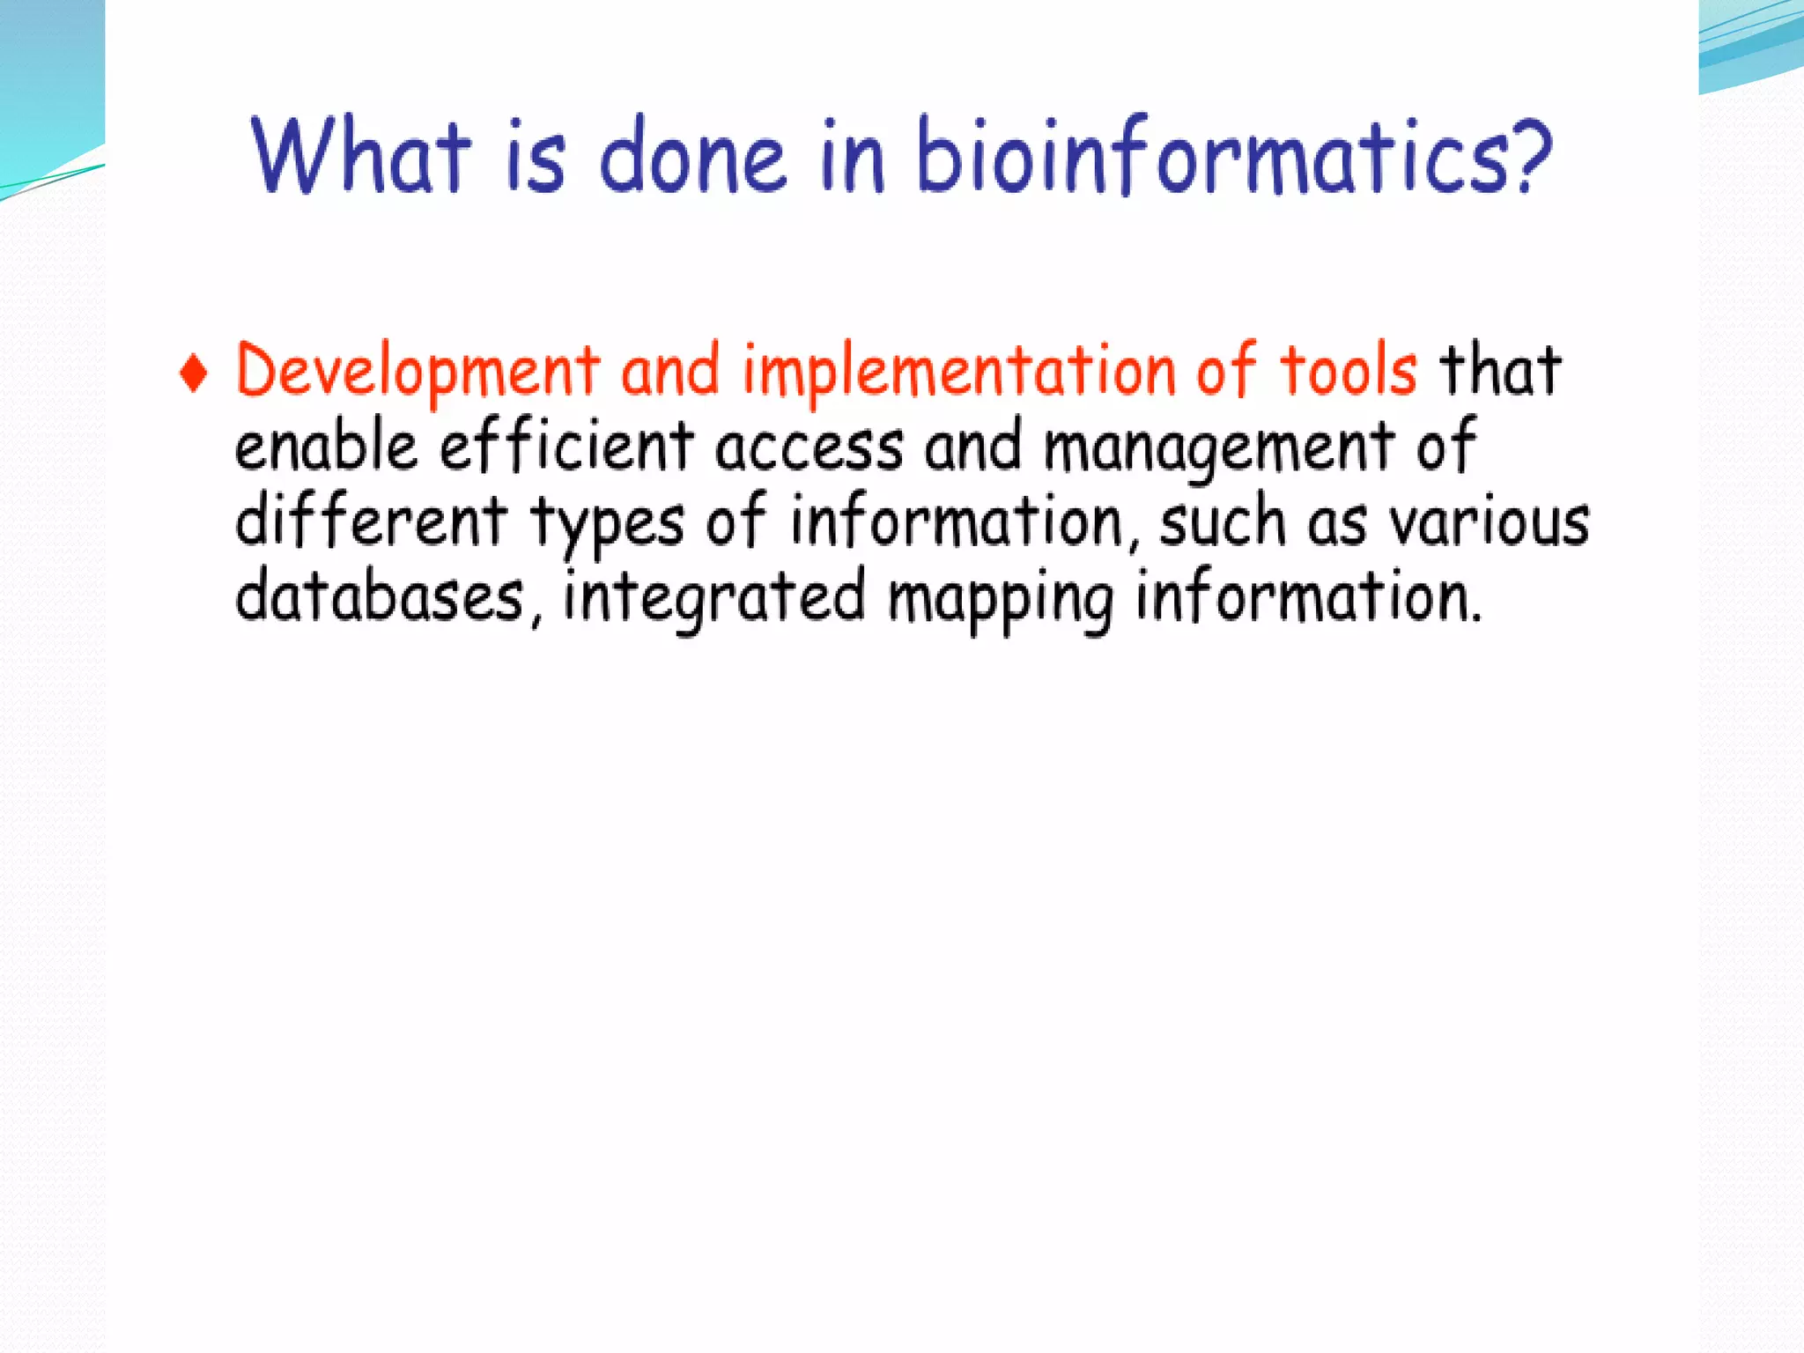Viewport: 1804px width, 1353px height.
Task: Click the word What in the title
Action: pyautogui.click(x=360, y=157)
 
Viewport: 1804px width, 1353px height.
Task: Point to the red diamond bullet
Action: pyautogui.click(x=194, y=373)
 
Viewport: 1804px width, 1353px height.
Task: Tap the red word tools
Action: pyautogui.click(x=1348, y=370)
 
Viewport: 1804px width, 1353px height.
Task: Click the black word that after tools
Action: pyautogui.click(x=1500, y=370)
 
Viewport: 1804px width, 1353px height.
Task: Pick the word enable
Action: pyautogui.click(x=325, y=446)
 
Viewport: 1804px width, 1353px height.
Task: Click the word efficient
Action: pyautogui.click(x=566, y=446)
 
